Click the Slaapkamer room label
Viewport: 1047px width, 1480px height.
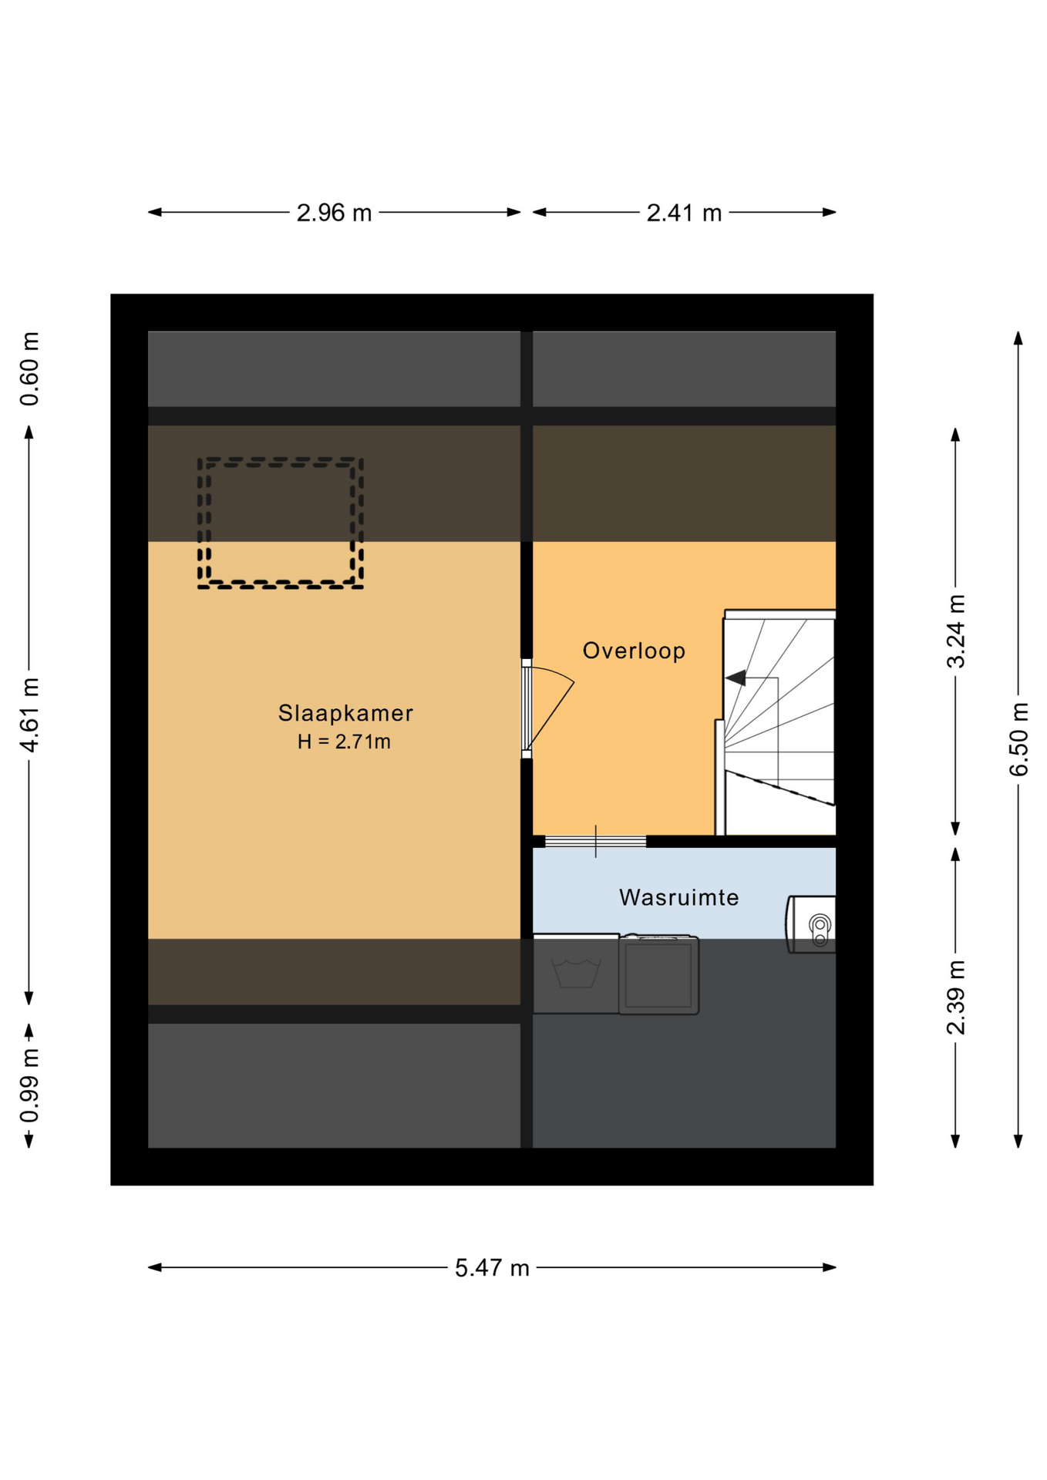(345, 713)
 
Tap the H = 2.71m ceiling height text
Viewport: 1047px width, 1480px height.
(344, 742)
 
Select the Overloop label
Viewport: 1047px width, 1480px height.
(634, 651)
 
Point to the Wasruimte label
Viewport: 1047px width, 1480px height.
(678, 897)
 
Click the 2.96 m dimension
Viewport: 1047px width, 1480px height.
(334, 212)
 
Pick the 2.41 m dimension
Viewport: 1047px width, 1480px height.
(684, 212)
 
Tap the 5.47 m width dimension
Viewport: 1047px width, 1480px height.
(492, 1268)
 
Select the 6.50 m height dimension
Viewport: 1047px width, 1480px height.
(1018, 739)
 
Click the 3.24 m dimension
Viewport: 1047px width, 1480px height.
(955, 631)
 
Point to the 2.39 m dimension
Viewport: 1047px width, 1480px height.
(955, 997)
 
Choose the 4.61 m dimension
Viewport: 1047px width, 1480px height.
(29, 715)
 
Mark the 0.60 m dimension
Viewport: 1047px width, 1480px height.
(29, 369)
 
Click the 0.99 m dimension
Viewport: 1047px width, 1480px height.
(29, 1086)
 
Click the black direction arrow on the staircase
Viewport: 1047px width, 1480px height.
(736, 678)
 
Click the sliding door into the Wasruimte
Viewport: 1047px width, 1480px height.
(595, 841)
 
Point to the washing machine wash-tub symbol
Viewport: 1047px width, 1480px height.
(576, 973)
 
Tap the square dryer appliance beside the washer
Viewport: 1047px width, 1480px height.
(658, 974)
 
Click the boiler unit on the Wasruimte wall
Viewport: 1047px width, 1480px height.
(810, 924)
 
